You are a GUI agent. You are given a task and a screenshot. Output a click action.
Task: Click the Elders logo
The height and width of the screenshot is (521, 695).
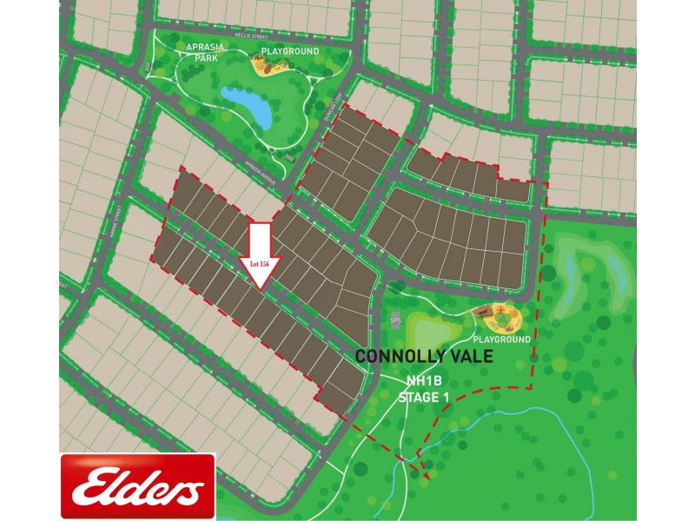coord(131,489)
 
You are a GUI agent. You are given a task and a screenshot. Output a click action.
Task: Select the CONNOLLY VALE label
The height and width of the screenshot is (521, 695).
coord(425,356)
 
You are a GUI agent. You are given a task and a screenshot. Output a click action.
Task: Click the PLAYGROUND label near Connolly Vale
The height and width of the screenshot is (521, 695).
coord(501,340)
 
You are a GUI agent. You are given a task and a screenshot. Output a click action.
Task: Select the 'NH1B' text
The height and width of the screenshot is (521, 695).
coord(423,381)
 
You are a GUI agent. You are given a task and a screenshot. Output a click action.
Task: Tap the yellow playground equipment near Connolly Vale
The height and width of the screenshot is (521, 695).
coord(498,315)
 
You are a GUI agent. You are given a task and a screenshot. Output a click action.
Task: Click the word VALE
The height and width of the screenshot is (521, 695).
coord(469,356)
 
